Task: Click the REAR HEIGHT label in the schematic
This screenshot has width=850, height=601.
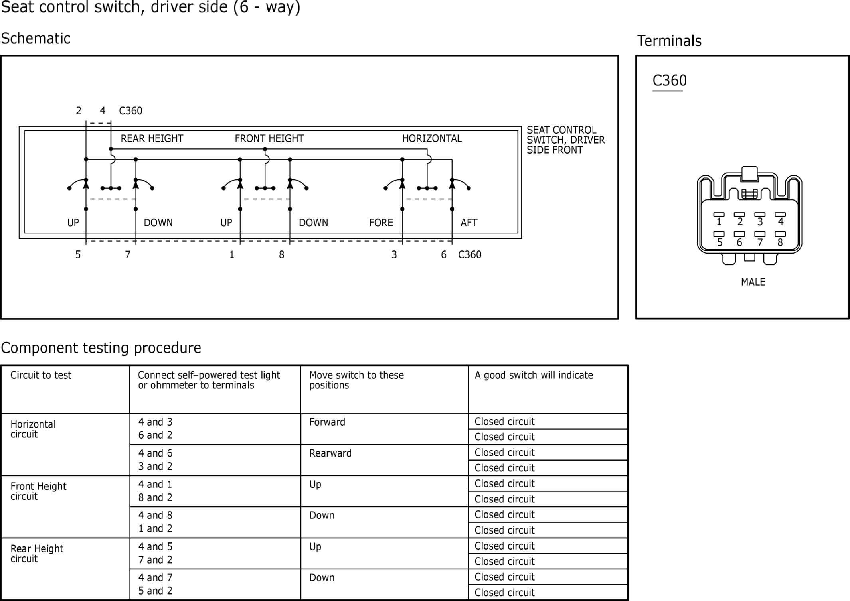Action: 152,138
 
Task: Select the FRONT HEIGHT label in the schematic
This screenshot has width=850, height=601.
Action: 269,138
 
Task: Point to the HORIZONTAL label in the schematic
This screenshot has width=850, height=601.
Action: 432,138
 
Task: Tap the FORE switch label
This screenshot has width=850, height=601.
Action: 381,223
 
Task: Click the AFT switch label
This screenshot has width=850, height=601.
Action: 469,223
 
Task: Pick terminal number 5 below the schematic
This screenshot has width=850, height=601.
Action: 78,255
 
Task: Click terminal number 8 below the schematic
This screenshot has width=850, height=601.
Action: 282,255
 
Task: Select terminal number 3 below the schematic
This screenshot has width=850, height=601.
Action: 394,255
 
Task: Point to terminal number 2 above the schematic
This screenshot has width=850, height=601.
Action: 79,111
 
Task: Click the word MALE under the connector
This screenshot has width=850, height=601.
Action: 753,282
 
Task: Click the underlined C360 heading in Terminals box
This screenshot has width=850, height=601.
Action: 670,81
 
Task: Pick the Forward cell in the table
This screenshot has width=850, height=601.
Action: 327,422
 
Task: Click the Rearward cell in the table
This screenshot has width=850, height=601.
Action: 330,453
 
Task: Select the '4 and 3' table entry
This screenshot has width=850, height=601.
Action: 155,422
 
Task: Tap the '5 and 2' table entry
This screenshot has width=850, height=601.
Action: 155,591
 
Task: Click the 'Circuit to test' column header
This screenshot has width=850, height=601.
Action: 41,375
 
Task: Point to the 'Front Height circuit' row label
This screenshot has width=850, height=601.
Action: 38,491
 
